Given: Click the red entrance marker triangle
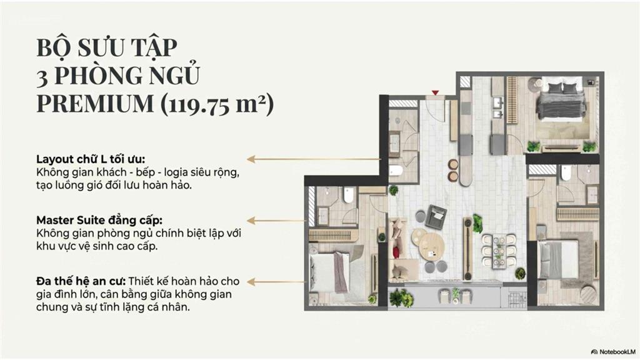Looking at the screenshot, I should tap(435, 93).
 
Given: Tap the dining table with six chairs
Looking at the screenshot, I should tap(499, 249).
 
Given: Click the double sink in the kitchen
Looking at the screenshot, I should tap(497, 107).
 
